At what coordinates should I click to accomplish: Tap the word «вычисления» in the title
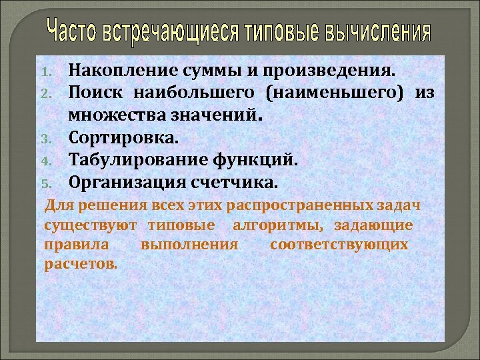(378, 31)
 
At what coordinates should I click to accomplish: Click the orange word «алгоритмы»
(286, 225)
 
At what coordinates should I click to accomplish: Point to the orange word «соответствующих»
(339, 244)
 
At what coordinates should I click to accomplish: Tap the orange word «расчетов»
(80, 263)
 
